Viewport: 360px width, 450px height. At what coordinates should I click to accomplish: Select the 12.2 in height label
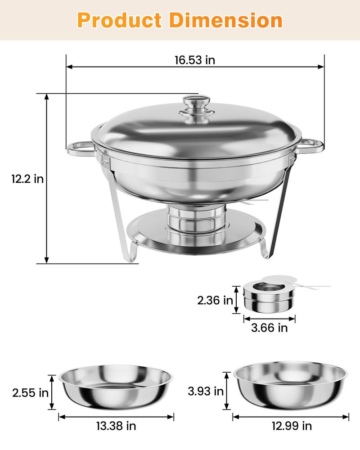pos(27,179)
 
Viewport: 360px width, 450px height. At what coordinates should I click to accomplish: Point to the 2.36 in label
pos(215,300)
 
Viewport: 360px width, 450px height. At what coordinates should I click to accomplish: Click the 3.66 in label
pos(269,328)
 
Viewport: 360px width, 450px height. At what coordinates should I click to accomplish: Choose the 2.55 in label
pos(30,392)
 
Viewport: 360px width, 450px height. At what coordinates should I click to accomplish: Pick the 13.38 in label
pos(116,425)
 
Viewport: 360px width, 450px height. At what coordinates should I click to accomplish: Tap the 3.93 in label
pos(206,391)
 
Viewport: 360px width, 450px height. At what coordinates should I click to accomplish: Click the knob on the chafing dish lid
pos(197,104)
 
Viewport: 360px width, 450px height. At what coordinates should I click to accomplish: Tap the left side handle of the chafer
pos(81,148)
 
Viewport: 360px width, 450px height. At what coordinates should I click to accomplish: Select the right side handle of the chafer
pos(311,145)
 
